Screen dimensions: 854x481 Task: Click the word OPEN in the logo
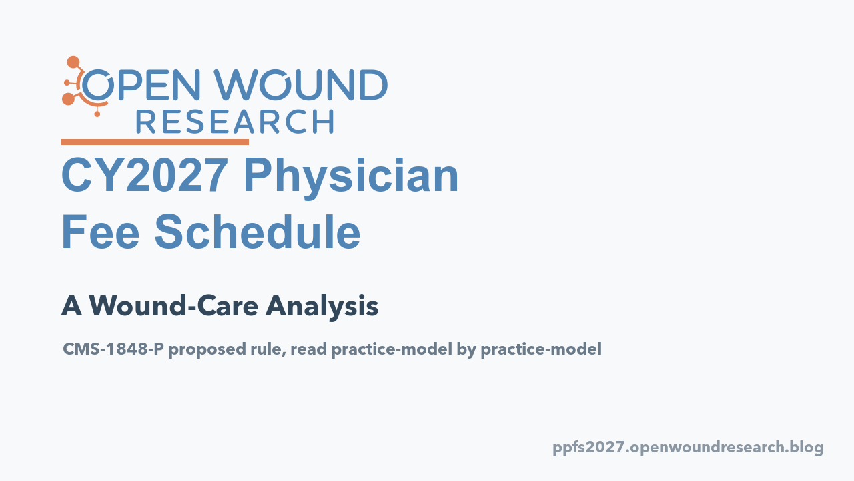coord(141,85)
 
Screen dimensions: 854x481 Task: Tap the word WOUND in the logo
coord(301,85)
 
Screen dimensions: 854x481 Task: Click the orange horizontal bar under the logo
coord(155,142)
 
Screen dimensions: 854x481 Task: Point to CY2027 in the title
coord(145,175)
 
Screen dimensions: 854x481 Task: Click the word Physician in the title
coord(351,178)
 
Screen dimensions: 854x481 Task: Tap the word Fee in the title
coord(100,231)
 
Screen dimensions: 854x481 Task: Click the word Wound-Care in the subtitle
coord(174,306)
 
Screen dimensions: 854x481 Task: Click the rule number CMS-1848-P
coord(113,349)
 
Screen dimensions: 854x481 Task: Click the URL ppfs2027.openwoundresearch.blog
coord(688,448)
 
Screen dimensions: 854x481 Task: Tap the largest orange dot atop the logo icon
coord(73,62)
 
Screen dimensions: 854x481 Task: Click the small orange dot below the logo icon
coord(97,114)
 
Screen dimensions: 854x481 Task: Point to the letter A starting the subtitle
coord(71,306)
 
